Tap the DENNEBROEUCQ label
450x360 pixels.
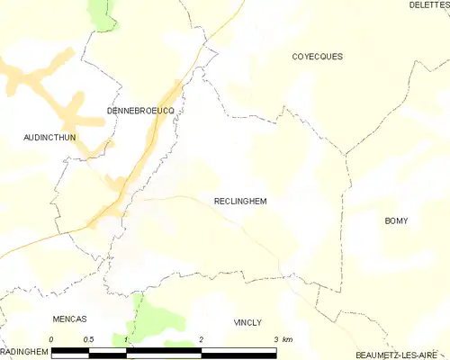pyautogui.click(x=139, y=110)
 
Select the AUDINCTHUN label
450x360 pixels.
pyautogui.click(x=49, y=138)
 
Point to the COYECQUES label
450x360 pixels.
pyautogui.click(x=317, y=57)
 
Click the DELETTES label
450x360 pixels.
pyautogui.click(x=429, y=5)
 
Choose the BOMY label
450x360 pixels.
pyautogui.click(x=396, y=220)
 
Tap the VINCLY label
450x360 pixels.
pyautogui.click(x=247, y=321)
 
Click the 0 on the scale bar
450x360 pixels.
pyautogui.click(x=52, y=338)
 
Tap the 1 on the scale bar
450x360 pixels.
pyautogui.click(x=127, y=338)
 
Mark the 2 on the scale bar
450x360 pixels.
pyautogui.click(x=202, y=338)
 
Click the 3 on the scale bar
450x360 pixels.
pyautogui.click(x=275, y=338)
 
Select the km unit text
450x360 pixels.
pyautogui.click(x=287, y=338)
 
